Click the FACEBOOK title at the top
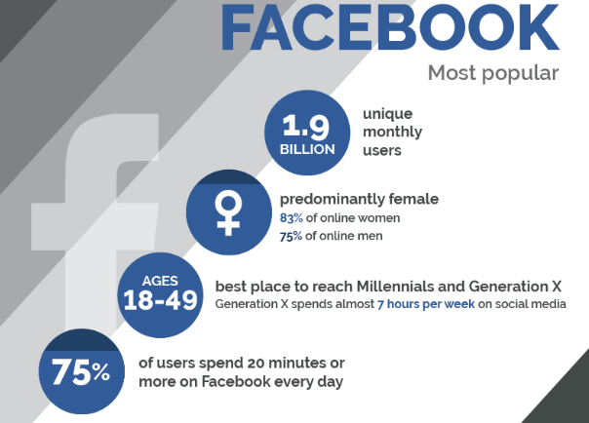390,27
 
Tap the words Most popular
493,73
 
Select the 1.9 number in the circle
306,126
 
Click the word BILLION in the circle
307,149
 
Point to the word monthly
393,133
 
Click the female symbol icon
228,212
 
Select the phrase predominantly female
359,199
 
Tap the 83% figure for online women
292,218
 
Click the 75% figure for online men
291,236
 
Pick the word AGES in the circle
160,281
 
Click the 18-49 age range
160,300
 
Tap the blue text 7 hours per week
426,304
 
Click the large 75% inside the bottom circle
81,371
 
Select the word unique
388,114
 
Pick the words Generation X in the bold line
515,287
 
